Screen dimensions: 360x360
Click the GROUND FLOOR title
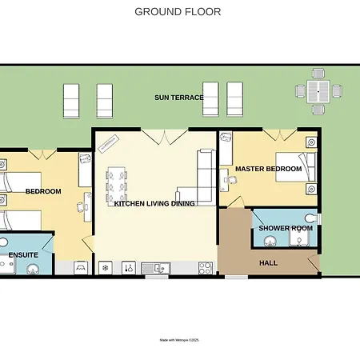[x=178, y=12]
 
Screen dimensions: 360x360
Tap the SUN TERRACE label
[x=179, y=98]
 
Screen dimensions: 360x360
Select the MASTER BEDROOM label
[x=268, y=169]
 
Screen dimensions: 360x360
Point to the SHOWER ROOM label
[x=286, y=228]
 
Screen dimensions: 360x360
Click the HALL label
[x=268, y=263]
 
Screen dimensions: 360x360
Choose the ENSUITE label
[x=23, y=255]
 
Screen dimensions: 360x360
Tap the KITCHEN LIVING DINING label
[x=154, y=203]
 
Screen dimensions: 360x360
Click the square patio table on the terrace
[x=318, y=91]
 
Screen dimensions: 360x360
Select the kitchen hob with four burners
[x=206, y=268]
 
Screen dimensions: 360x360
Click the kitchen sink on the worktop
[x=156, y=268]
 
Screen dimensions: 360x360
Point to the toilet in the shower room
[x=311, y=218]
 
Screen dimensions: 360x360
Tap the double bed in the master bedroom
[x=295, y=167]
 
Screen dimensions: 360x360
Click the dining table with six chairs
[x=117, y=186]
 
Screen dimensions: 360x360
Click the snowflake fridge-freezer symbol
[x=106, y=268]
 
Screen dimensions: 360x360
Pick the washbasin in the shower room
[x=270, y=242]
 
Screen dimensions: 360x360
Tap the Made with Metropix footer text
[x=179, y=340]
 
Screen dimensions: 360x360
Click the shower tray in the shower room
[x=300, y=238]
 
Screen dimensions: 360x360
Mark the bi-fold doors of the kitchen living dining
[x=165, y=137]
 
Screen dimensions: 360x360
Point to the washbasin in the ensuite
[x=33, y=270]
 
